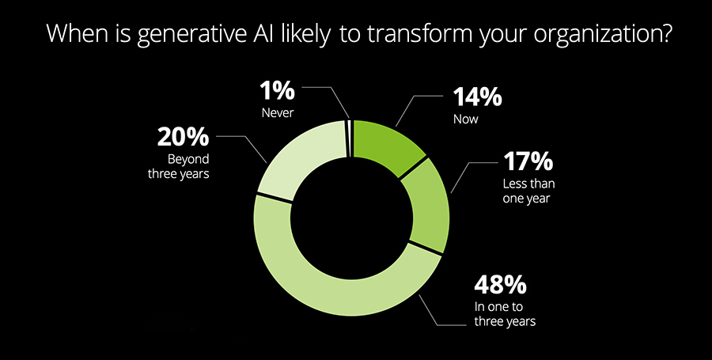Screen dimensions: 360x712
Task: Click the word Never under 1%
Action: tap(278, 113)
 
